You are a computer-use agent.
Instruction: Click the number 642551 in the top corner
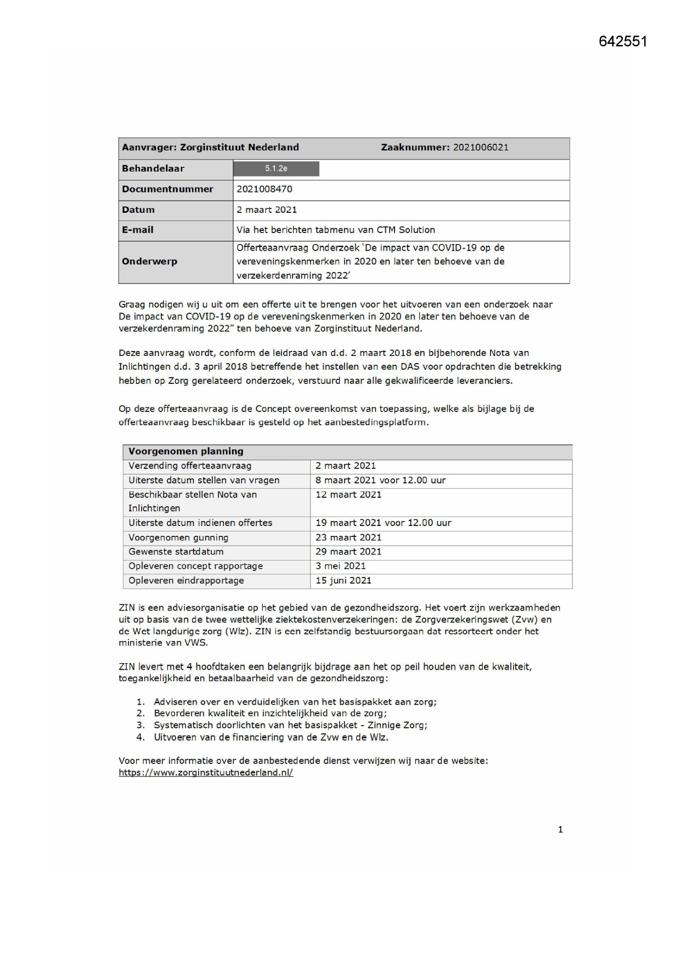click(623, 42)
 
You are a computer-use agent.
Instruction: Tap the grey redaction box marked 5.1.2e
click(276, 169)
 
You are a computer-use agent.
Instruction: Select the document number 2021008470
click(264, 189)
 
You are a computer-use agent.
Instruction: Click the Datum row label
click(138, 210)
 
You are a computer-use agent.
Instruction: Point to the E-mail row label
click(138, 230)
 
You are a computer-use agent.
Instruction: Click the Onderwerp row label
click(149, 262)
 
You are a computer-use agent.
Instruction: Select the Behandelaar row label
click(153, 169)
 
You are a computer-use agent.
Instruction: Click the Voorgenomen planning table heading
click(185, 451)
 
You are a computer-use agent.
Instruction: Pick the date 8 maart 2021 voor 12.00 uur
click(380, 480)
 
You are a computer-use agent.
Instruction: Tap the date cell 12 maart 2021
click(348, 495)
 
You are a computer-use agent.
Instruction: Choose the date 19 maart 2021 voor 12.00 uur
click(383, 523)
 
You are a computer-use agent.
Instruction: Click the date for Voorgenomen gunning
click(348, 538)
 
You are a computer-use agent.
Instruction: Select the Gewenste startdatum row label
click(176, 552)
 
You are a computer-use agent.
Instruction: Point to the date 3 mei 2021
click(340, 566)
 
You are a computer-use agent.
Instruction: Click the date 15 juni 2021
click(343, 581)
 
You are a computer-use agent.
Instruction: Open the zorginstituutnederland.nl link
click(206, 773)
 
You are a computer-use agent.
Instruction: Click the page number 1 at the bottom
click(560, 830)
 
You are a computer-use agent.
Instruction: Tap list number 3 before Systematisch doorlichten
click(140, 726)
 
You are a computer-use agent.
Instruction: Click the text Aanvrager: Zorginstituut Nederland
click(210, 148)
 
